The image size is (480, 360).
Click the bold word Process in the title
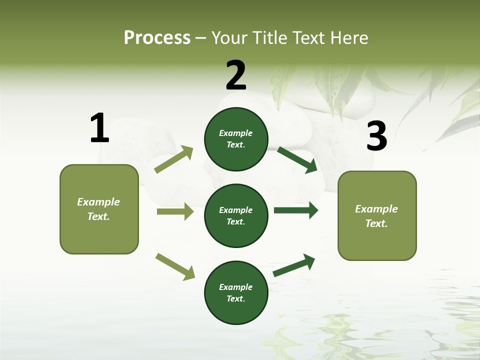157,38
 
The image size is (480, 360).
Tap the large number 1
99,128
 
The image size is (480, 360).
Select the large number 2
236,75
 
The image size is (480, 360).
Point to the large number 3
376,136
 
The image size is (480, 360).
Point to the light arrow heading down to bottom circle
175,266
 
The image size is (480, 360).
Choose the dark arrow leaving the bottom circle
294,265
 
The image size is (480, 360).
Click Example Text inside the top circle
236,139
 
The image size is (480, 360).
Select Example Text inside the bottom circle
236,293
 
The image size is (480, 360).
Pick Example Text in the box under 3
376,216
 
